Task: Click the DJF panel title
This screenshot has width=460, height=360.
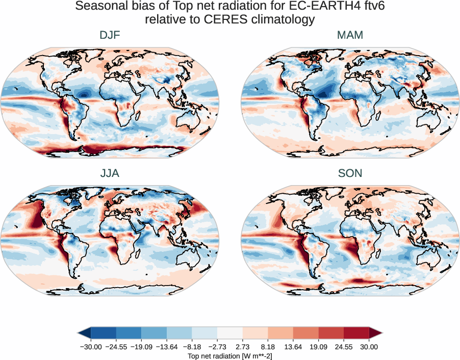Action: (110, 35)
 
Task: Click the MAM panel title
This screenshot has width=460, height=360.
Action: (350, 35)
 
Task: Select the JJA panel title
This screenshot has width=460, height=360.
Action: (110, 173)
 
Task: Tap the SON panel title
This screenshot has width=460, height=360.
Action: (350, 173)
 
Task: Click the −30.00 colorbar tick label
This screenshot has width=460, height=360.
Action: (91, 347)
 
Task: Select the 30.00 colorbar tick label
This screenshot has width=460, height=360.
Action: (369, 347)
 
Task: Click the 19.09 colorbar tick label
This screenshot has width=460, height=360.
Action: (318, 347)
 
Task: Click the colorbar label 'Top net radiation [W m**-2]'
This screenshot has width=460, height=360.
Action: (229, 355)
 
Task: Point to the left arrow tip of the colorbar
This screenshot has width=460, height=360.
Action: (79, 333)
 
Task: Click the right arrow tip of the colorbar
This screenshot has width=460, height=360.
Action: (381, 333)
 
